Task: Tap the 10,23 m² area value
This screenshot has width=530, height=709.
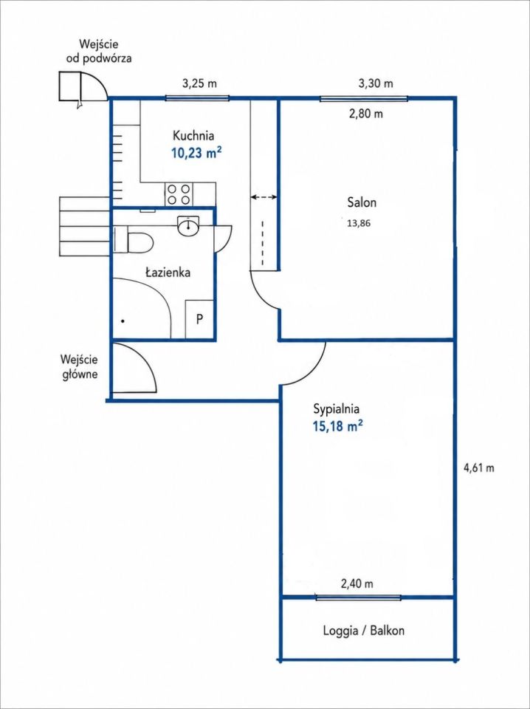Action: (196, 153)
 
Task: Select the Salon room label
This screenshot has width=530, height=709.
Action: (362, 202)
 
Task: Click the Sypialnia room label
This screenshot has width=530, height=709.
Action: (337, 409)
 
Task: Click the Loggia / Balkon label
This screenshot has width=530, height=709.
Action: (364, 631)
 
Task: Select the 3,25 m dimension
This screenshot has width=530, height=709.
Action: (199, 83)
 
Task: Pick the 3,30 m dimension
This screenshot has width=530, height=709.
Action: (376, 83)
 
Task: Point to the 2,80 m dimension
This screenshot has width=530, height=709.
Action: (365, 114)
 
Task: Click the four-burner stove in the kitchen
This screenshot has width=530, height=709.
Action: (179, 195)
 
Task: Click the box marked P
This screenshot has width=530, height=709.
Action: (199, 319)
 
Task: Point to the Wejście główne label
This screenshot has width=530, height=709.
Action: (80, 367)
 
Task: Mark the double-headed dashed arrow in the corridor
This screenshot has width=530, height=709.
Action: (264, 197)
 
